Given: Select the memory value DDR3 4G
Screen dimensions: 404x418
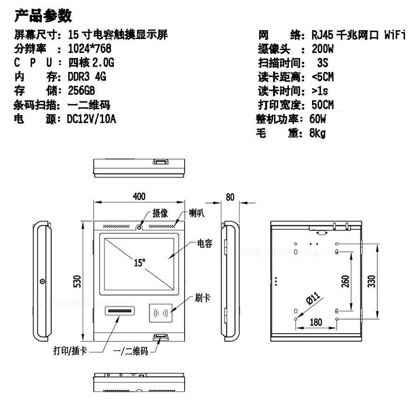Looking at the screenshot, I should pos(87,77).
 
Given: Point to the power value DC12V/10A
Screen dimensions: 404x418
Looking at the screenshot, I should pos(92,118).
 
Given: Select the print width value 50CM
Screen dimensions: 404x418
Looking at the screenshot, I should pos(323,105).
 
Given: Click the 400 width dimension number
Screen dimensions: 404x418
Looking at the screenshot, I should pos(139,196).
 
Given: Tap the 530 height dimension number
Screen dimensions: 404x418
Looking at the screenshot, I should pos(77,281).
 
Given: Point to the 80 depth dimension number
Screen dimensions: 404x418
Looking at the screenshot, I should pos(230,197).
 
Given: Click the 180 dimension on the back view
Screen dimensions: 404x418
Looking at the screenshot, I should pos(316,323).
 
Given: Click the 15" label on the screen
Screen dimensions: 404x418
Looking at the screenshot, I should pos(139,263).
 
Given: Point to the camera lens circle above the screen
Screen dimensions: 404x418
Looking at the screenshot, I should pos(139,227).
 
